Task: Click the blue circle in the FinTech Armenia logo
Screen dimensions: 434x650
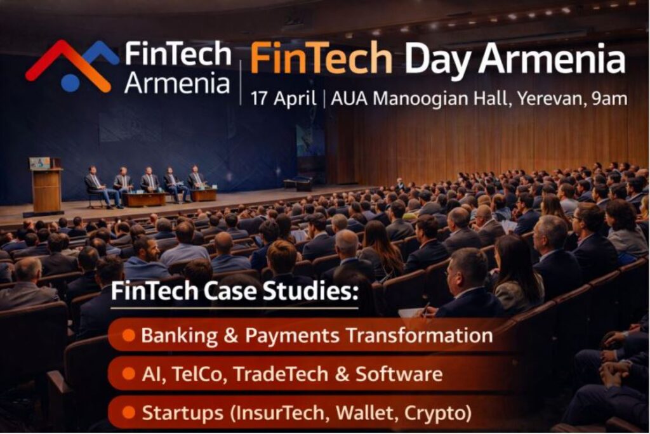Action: (70, 82)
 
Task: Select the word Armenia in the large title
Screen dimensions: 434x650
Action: (552, 59)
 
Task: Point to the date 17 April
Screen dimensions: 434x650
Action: (284, 99)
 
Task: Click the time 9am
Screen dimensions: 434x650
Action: (609, 99)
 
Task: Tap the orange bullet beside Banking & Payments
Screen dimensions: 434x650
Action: (128, 335)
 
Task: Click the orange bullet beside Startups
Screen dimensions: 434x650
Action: (128, 413)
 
